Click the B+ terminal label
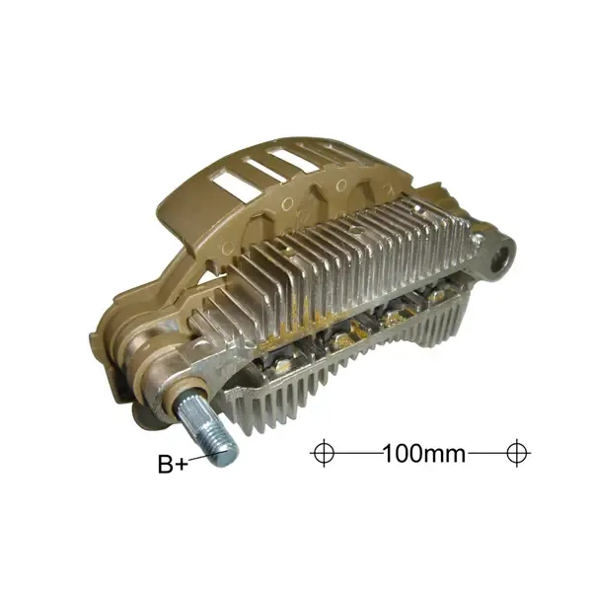[x=173, y=464]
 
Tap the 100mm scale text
[x=423, y=453]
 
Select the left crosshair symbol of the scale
[x=324, y=453]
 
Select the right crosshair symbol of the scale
[x=517, y=453]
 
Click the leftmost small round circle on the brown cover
[x=228, y=249]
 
